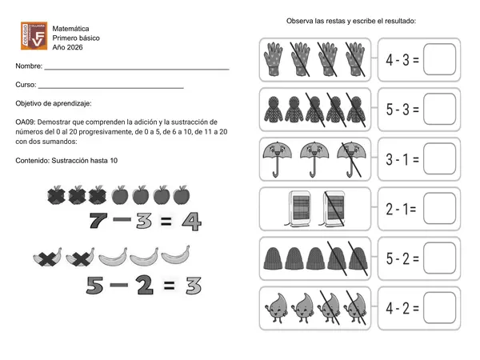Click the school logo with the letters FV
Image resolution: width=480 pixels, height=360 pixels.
tap(34, 35)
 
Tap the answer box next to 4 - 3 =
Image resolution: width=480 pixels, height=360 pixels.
tap(439, 59)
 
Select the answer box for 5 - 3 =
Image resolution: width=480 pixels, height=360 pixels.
tap(439, 109)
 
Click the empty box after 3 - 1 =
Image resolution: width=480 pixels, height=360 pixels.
tap(439, 158)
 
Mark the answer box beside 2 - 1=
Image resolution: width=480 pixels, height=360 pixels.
tap(439, 209)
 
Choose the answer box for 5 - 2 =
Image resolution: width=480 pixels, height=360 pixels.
tap(439, 258)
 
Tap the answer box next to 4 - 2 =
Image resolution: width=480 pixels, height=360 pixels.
tap(439, 308)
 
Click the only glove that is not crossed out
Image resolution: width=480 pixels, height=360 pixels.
tap(273, 59)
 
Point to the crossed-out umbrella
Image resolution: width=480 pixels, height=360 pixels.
tap(351, 159)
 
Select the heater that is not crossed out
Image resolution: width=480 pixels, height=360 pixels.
tap(298, 209)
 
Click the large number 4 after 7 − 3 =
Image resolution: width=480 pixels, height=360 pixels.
tap(192, 221)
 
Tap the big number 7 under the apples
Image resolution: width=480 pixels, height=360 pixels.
tap(98, 221)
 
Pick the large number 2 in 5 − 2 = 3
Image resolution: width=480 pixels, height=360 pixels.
tap(145, 285)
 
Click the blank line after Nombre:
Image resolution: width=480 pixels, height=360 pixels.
tap(137, 70)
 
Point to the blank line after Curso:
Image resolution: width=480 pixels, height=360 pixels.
tap(111, 88)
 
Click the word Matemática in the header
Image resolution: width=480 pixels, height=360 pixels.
tap(70, 29)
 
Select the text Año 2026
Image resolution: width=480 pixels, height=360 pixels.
tap(67, 47)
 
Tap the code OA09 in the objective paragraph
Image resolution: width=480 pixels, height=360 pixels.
tap(26, 122)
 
